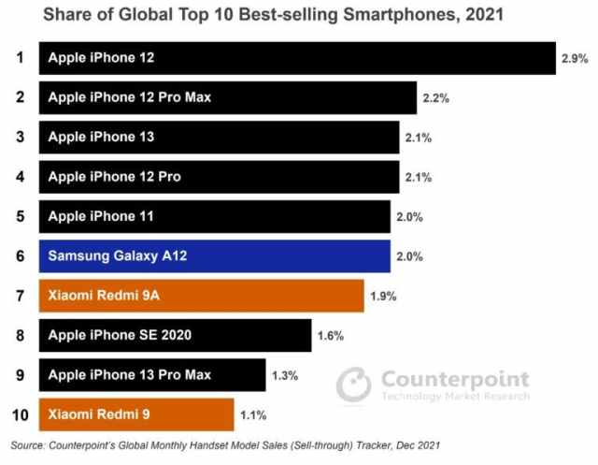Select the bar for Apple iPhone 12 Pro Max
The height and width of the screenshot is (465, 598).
pos(227,97)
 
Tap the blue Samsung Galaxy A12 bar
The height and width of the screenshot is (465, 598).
pos(214,255)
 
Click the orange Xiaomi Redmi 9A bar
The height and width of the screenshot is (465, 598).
pos(201,296)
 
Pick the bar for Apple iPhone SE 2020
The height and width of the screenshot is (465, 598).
pos(175,335)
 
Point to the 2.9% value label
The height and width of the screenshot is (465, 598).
pos(575,58)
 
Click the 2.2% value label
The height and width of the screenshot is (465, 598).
pos(436,97)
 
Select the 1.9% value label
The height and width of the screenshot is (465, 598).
pos(383,296)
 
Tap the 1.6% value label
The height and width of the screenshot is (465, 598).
pos(331,335)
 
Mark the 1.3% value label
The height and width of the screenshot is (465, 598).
pos(284,375)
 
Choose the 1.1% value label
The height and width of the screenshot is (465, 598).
pos(252,414)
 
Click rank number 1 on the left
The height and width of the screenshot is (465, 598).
pos(18,58)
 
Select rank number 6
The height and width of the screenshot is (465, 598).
pos(18,255)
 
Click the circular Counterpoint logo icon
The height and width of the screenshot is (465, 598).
pos(354,385)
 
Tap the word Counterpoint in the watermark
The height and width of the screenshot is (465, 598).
pos(455,379)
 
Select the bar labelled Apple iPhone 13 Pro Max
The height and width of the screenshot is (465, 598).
pos(151,375)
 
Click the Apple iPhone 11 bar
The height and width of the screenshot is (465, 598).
pos(214,216)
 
